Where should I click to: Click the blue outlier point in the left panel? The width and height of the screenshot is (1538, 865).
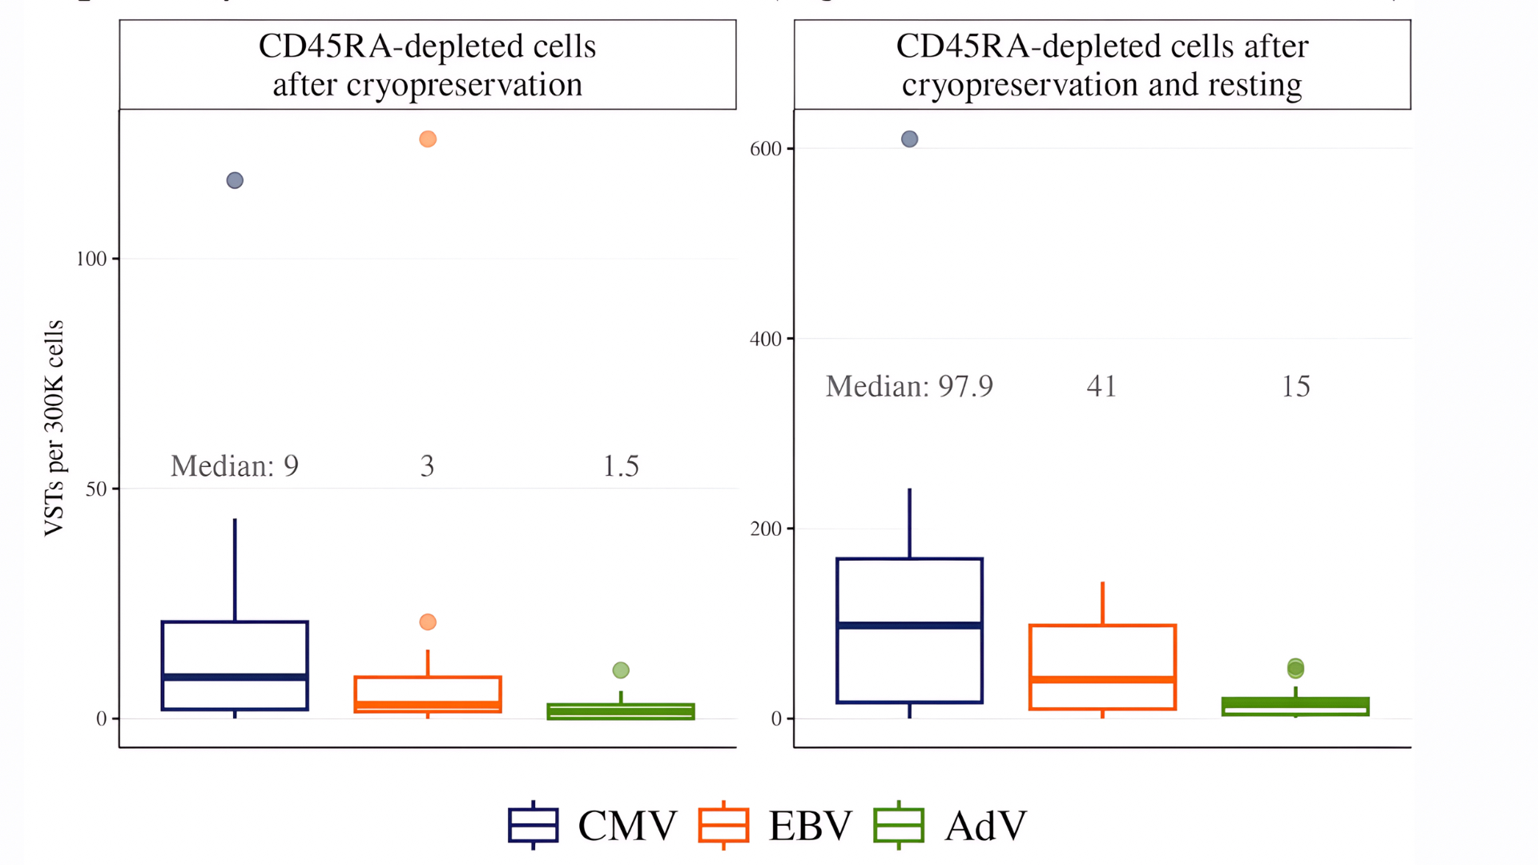(x=235, y=180)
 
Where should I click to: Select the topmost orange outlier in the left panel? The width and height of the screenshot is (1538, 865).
(x=428, y=139)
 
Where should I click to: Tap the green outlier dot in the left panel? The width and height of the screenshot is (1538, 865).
(x=621, y=670)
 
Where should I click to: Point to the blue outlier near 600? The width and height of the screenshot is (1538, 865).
(x=909, y=139)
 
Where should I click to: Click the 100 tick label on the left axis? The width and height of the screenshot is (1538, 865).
(x=91, y=259)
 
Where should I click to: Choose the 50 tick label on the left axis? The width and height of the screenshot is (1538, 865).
(x=96, y=489)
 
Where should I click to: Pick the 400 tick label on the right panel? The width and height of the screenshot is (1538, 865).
(x=765, y=339)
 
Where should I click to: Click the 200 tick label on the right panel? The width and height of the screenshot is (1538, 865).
(x=765, y=529)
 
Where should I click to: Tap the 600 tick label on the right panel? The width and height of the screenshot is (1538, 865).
(x=765, y=149)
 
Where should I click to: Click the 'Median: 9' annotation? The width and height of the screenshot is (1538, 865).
(x=235, y=466)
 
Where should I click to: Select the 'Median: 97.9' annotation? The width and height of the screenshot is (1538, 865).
(x=909, y=387)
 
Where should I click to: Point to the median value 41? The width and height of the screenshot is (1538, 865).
(x=1101, y=387)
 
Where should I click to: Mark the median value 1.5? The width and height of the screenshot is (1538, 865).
(x=621, y=466)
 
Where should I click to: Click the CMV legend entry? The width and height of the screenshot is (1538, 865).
(x=594, y=825)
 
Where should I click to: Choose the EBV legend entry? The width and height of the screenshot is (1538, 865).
(x=776, y=825)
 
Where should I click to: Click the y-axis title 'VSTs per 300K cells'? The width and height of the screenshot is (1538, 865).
(x=54, y=428)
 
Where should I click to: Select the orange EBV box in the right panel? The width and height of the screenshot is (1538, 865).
(x=1102, y=666)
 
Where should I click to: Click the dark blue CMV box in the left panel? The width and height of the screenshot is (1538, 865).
(x=235, y=665)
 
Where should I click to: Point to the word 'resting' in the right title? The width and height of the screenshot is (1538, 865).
(x=1254, y=85)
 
